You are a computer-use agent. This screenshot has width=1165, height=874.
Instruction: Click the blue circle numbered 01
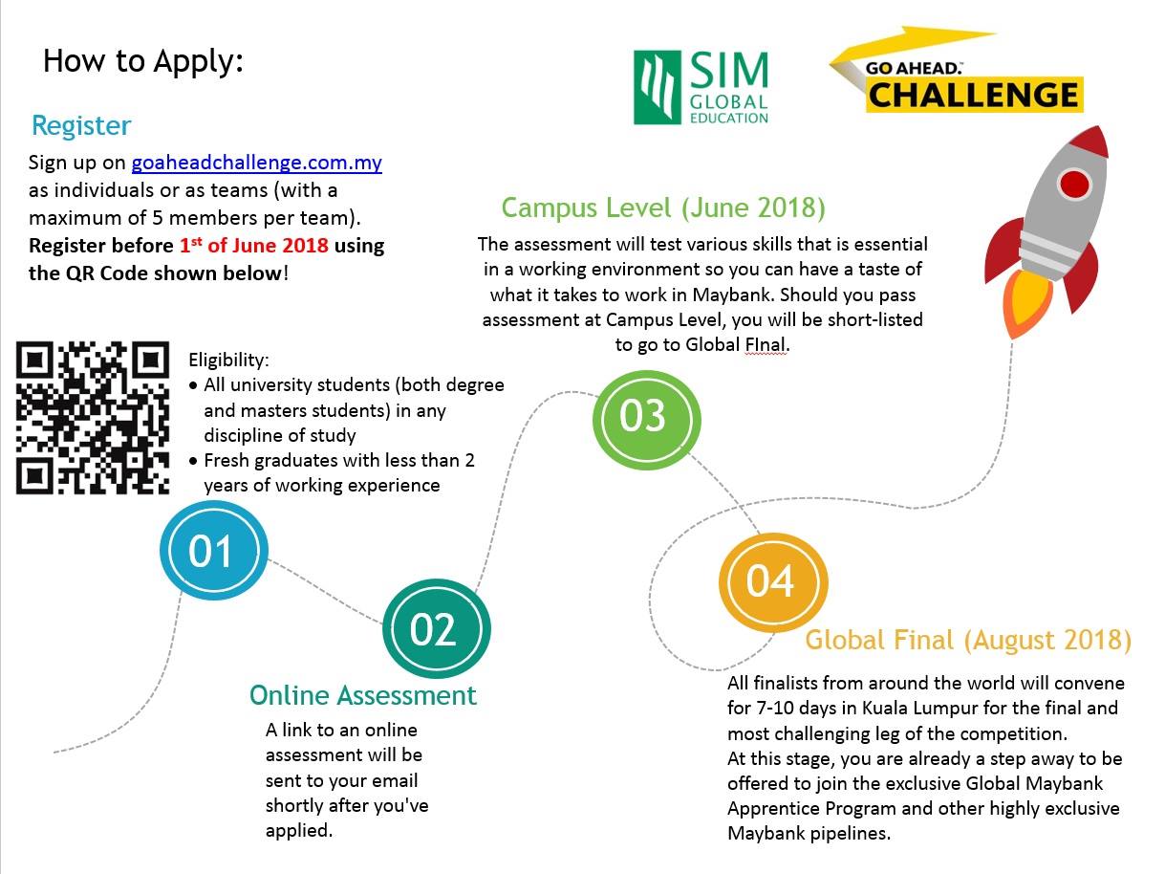click(x=214, y=551)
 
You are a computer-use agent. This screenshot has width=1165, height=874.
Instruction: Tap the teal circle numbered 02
click(x=437, y=628)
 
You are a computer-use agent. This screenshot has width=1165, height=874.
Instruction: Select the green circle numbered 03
click(x=646, y=420)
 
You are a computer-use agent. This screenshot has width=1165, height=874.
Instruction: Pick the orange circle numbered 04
click(x=773, y=583)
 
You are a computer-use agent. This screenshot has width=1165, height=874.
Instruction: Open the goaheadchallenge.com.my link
click(x=256, y=163)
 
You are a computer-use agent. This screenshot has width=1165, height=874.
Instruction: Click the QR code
click(x=93, y=418)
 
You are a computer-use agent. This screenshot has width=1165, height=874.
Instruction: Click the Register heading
click(x=81, y=126)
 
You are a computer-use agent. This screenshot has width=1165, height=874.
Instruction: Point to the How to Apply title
click(x=143, y=61)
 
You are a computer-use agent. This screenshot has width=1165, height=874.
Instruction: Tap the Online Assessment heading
click(x=363, y=695)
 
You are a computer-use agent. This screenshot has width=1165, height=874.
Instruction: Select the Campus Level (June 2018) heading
click(x=663, y=208)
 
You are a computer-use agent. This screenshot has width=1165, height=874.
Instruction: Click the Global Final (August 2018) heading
click(x=968, y=640)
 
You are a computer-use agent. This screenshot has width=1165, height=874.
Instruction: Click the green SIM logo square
click(x=658, y=88)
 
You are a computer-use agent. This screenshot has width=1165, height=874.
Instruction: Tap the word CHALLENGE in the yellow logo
click(x=973, y=95)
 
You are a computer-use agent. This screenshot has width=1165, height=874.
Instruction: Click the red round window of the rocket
click(x=1075, y=185)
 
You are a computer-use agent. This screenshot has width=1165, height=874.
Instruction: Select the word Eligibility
click(x=228, y=360)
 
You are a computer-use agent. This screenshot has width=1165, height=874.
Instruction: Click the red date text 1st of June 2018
click(x=253, y=246)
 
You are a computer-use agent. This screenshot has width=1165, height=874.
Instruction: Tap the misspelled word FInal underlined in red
click(x=765, y=345)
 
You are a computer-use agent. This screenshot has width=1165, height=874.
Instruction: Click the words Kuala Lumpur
click(x=919, y=709)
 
